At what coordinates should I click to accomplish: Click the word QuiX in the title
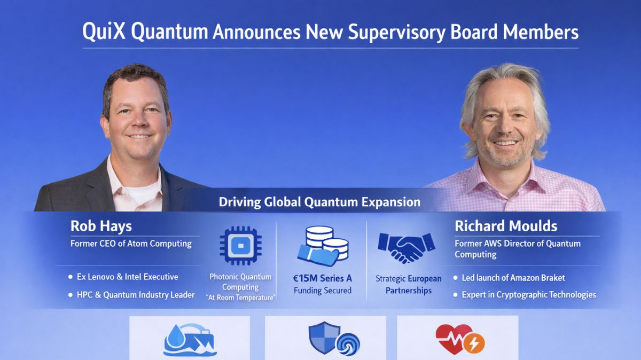104,32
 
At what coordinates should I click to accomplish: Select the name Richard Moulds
505,226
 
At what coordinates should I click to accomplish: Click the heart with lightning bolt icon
459,339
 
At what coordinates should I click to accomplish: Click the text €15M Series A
323,278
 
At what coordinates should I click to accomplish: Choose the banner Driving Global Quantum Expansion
319,202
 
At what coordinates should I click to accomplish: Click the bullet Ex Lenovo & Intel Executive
127,277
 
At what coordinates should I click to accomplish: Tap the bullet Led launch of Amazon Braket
513,278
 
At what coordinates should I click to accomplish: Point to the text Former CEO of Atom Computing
131,244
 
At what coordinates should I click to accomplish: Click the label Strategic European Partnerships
409,285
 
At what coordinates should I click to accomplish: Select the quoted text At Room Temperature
240,298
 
